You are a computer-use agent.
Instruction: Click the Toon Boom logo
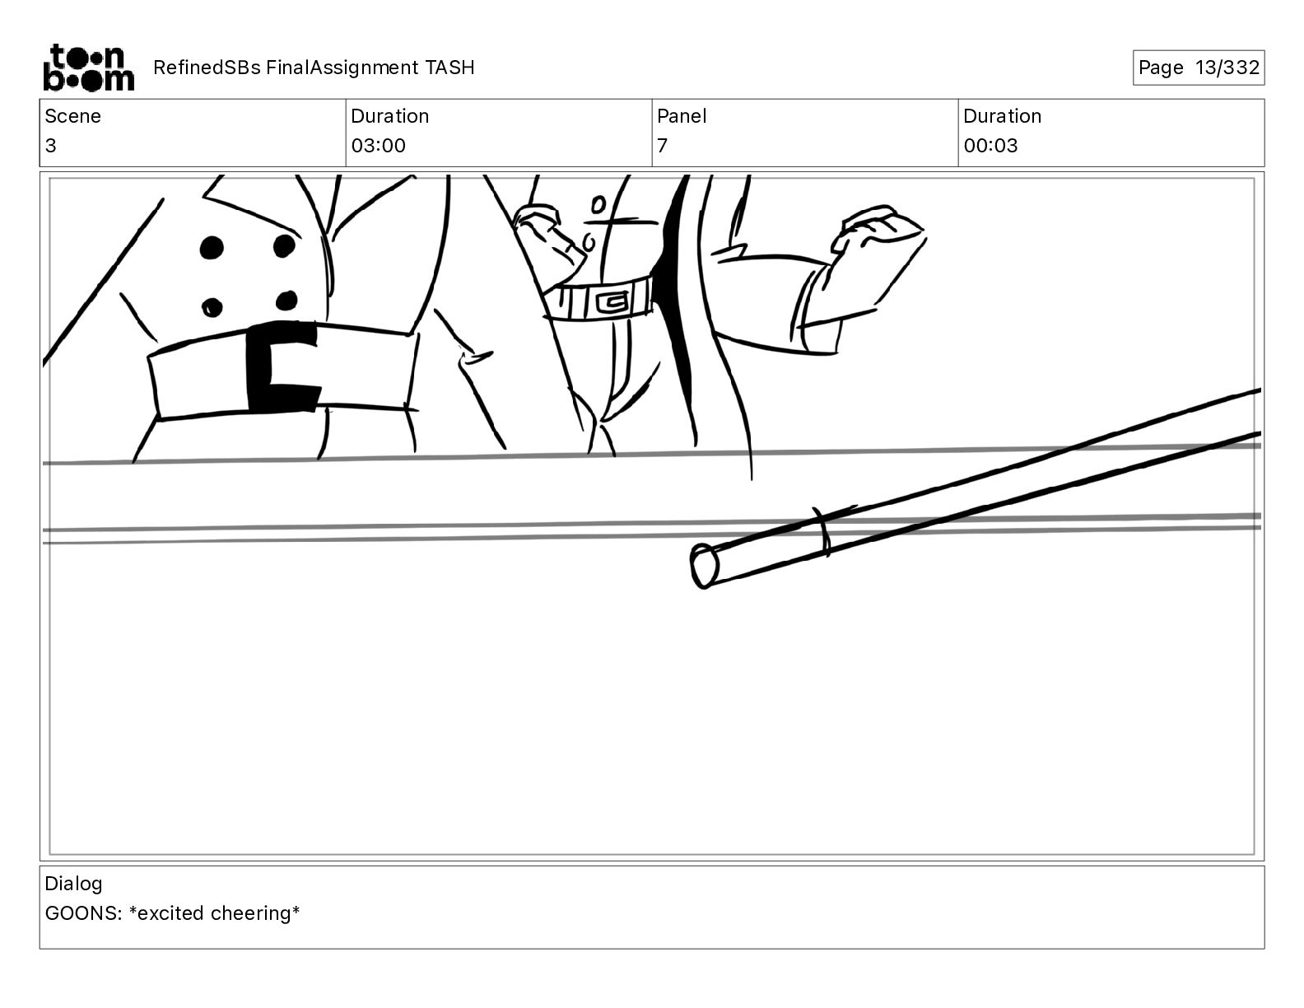(x=89, y=68)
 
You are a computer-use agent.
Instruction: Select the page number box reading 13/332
(x=1199, y=68)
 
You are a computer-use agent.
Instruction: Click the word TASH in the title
(x=449, y=68)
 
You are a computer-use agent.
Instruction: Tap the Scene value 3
(x=50, y=145)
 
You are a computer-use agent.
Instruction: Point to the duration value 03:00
(x=378, y=145)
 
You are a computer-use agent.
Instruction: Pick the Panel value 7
(x=662, y=145)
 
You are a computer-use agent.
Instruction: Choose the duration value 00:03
(x=990, y=145)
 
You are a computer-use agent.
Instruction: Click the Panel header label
(x=681, y=116)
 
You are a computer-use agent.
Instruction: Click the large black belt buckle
(x=283, y=366)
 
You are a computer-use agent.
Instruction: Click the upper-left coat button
(x=212, y=247)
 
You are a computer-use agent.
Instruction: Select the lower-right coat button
(x=286, y=301)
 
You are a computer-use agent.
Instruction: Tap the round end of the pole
(x=703, y=566)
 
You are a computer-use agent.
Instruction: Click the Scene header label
(x=72, y=116)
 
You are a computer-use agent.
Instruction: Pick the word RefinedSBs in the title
(x=207, y=68)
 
